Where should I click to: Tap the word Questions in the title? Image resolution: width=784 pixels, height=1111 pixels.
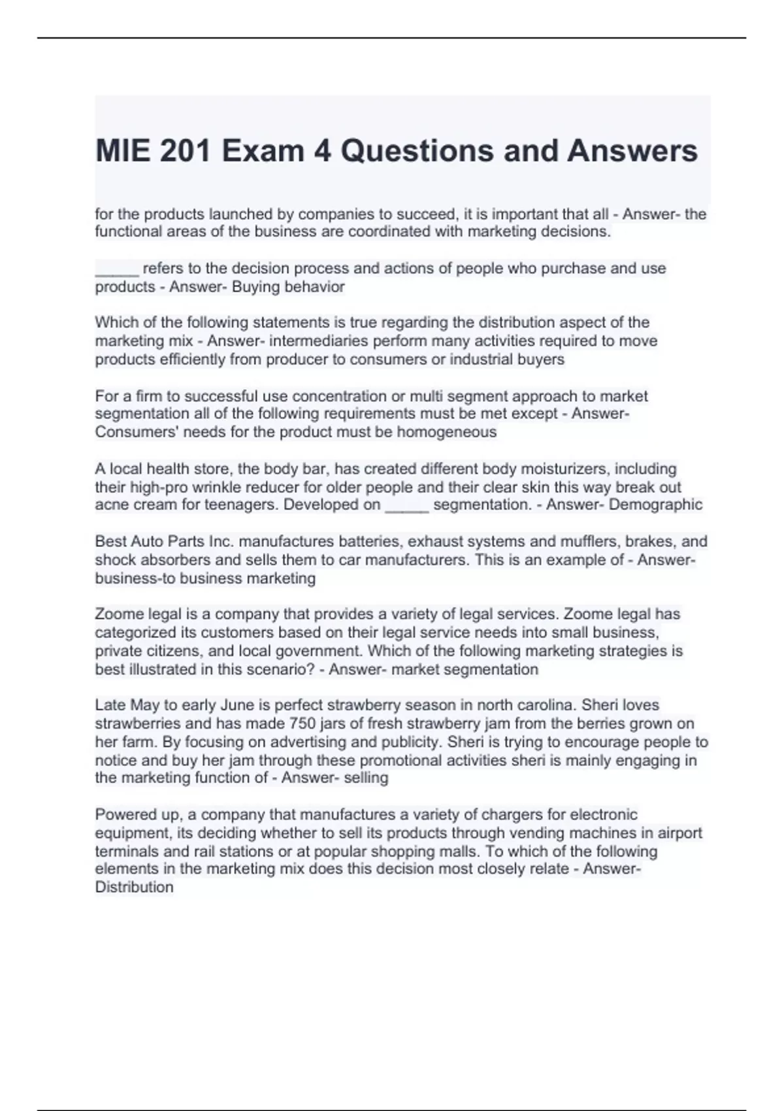coord(416,151)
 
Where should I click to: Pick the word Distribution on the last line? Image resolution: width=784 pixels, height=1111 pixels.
coord(135,887)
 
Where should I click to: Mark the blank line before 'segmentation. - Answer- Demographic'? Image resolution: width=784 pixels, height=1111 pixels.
coord(407,510)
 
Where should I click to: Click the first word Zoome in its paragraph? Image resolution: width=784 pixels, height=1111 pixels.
coord(120,614)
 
